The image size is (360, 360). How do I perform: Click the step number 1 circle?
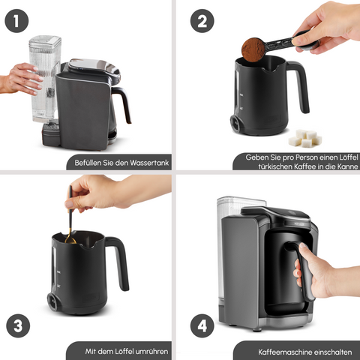16,21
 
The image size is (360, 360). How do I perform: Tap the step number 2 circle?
202,21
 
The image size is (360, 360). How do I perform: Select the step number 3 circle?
18,325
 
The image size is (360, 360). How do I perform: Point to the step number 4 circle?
202,325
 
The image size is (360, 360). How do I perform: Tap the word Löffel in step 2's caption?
349,157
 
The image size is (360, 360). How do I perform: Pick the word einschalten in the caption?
333,352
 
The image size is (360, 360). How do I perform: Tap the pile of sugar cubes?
305,138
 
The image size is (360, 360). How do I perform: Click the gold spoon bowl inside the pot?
70,241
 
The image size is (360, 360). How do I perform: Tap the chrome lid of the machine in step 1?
94,67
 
